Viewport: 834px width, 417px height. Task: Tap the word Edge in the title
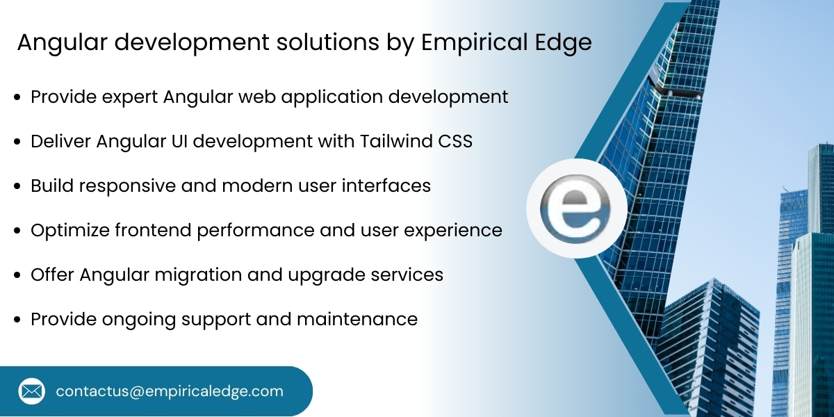tap(562, 43)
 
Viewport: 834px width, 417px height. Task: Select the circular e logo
tap(576, 208)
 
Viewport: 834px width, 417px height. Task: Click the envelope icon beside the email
tap(32, 391)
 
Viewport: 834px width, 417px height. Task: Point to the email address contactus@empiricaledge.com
tap(170, 391)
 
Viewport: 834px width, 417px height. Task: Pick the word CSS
tap(455, 141)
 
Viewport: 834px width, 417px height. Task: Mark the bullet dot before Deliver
tap(17, 142)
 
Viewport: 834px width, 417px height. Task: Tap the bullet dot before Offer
tap(17, 275)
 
